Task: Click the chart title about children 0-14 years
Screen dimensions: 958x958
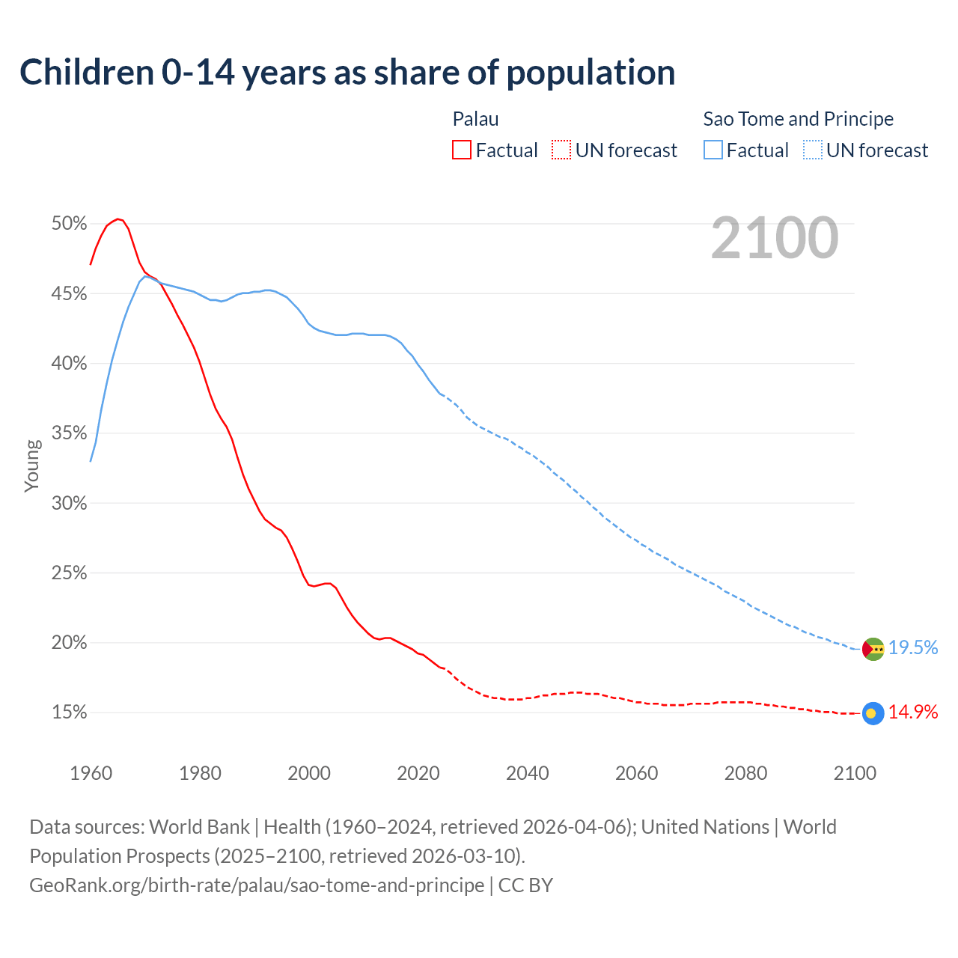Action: [x=347, y=73]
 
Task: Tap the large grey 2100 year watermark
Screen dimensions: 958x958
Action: [x=775, y=238]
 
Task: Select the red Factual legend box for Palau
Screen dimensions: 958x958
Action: [x=462, y=150]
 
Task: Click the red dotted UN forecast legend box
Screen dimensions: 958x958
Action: [x=561, y=150]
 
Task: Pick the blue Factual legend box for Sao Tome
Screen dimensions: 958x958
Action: [x=713, y=150]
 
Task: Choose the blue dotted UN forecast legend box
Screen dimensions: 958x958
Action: [x=812, y=150]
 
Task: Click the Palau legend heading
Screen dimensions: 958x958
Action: [x=475, y=119]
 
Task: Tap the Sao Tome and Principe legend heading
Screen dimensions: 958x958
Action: [x=798, y=119]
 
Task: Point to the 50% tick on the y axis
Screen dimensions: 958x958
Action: [x=70, y=223]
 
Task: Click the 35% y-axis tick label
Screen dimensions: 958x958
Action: [x=70, y=433]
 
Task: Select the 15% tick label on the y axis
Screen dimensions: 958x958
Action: [x=70, y=713]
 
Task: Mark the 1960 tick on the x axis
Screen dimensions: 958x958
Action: [x=91, y=773]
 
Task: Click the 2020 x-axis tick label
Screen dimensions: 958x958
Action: [x=418, y=773]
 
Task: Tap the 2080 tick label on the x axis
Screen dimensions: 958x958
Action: [x=745, y=773]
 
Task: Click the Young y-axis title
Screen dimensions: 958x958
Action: [x=32, y=466]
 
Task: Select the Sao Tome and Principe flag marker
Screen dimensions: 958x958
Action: [x=873, y=649]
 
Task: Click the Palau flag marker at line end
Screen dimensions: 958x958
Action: [x=873, y=713]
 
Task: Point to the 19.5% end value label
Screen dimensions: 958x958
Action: [x=913, y=648]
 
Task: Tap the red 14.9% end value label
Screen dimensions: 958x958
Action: [x=913, y=713]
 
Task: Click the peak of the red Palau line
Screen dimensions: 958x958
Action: [x=118, y=219]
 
